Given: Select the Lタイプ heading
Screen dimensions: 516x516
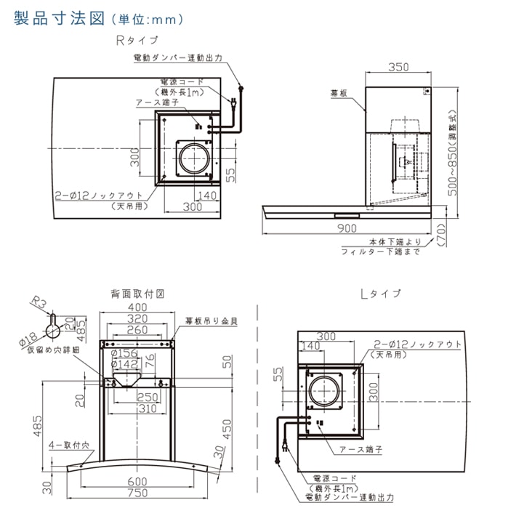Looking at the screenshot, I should coord(380,294).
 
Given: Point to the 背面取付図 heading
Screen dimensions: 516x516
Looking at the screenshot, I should coord(139,294).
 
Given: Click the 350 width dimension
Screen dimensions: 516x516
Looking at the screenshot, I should coord(398,67).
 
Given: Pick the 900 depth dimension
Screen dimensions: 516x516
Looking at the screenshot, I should coord(347,228).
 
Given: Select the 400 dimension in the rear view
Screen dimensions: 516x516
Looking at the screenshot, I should coord(139,309).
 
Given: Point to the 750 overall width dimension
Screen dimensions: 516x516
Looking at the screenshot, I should coord(139,493).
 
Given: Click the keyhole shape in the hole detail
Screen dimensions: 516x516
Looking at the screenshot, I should coord(52,329).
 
